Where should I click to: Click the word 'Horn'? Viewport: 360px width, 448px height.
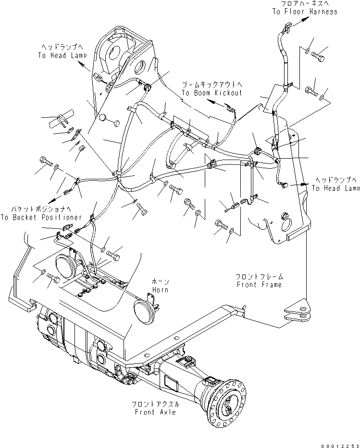pos(161,290)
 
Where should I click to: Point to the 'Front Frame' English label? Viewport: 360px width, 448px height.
pos(260,284)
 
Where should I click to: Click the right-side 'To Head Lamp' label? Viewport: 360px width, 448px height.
pos(336,188)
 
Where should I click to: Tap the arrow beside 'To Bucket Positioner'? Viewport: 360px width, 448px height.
pos(54,199)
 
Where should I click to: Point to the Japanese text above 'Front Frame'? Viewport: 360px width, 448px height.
pos(260,276)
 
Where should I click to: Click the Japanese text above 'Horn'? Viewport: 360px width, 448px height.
pos(161,282)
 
